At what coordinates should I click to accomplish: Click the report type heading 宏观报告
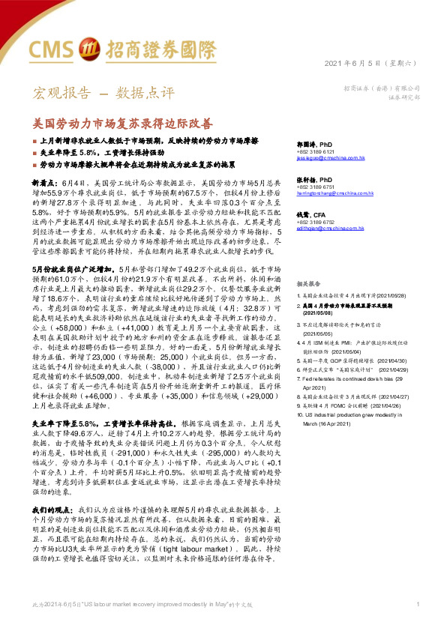55,94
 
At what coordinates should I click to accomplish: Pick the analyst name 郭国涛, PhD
314,142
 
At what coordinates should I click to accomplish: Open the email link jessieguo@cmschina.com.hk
331,159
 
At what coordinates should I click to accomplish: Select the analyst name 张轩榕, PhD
314,181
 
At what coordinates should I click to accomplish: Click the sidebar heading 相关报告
309,264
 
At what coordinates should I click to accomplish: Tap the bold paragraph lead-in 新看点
43,182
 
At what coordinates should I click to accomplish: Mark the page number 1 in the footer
417,604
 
